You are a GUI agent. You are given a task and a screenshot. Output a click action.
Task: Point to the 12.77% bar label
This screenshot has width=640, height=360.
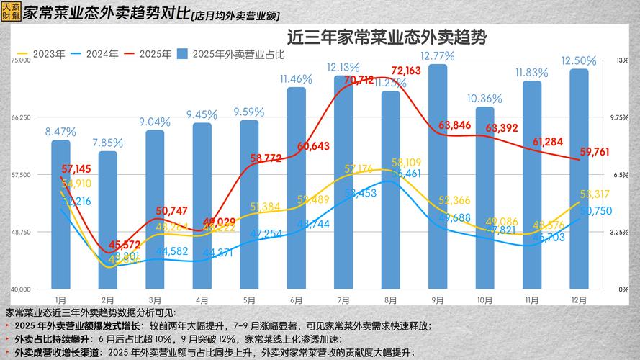click(x=438, y=55)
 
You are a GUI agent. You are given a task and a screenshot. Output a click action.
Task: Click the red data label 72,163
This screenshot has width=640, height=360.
click(x=406, y=71)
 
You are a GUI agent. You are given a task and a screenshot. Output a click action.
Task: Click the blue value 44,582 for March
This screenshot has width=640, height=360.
click(x=156, y=251)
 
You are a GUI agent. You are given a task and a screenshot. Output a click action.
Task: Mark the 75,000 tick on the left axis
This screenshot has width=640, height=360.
click(x=21, y=60)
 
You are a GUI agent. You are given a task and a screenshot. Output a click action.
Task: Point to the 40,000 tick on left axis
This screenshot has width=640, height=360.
click(x=21, y=289)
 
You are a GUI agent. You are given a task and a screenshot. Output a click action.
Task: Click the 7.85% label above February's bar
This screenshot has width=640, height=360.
click(x=108, y=143)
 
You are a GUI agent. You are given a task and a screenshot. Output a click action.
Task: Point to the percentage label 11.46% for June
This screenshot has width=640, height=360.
click(x=296, y=78)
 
